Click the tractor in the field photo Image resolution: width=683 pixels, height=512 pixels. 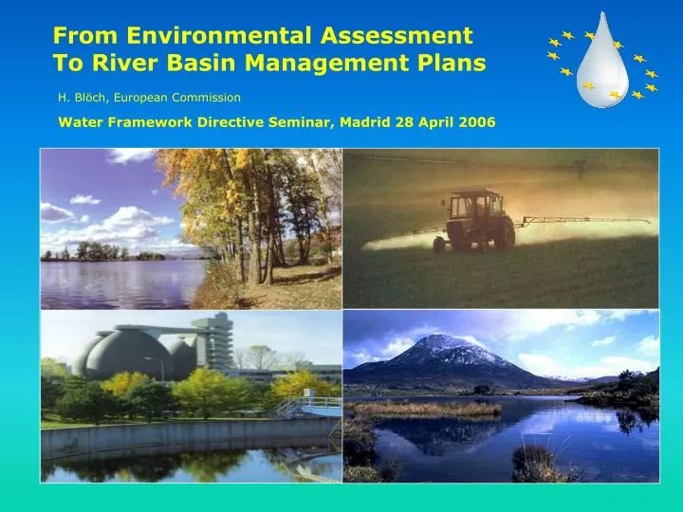click(x=474, y=220)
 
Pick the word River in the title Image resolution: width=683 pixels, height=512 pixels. click(x=134, y=64)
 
